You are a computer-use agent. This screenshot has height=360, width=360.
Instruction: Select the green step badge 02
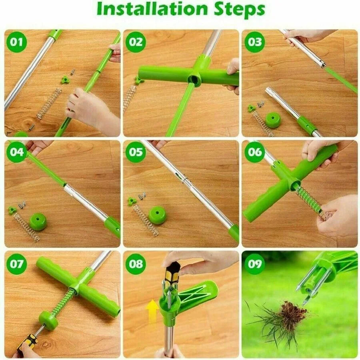[x=136, y=42]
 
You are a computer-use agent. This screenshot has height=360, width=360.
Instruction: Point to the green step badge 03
[x=255, y=42]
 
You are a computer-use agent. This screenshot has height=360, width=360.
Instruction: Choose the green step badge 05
[x=136, y=152]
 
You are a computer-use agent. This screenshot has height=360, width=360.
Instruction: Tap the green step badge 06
[x=255, y=152]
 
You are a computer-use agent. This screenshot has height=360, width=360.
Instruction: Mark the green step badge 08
[x=136, y=264]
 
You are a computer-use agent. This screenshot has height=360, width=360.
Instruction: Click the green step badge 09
[x=255, y=264]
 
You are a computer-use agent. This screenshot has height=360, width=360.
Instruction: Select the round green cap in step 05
[x=157, y=215]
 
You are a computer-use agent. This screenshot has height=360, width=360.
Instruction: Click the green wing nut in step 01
[x=65, y=80]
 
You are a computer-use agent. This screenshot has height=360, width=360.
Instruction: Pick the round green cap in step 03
[x=273, y=120]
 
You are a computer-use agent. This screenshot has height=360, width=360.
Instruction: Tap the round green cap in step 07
[x=48, y=320]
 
